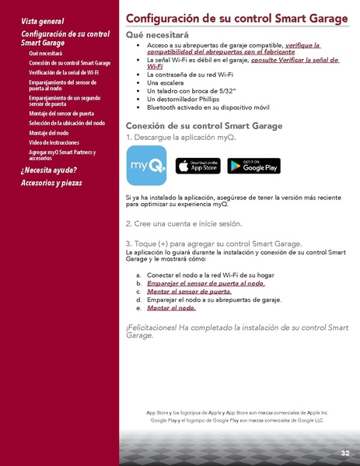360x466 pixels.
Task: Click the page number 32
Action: tap(344, 453)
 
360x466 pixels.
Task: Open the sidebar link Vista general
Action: tap(43, 21)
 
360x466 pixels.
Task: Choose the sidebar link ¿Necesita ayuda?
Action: tap(49, 169)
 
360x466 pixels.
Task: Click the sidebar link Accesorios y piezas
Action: tap(51, 183)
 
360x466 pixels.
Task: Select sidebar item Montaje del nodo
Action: tap(48, 132)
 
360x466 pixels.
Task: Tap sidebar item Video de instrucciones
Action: tap(54, 142)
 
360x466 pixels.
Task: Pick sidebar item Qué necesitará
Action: tap(45, 53)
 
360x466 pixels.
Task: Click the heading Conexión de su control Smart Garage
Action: tap(204, 126)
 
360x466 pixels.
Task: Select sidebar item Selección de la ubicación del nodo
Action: tap(67, 123)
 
